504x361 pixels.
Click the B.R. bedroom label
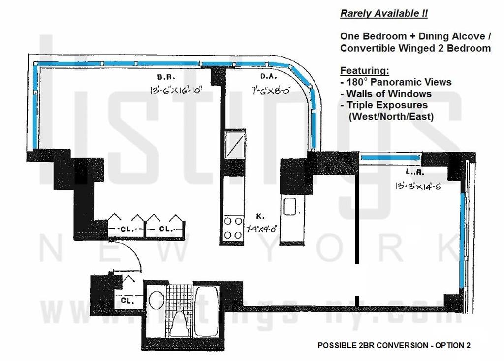coord(163,77)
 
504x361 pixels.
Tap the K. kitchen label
coord(260,215)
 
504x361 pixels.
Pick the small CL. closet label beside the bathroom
coord(126,300)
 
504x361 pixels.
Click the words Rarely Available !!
coord(384,13)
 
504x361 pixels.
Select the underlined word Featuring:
coord(364,70)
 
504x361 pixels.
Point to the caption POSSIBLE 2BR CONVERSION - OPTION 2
coord(394,345)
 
